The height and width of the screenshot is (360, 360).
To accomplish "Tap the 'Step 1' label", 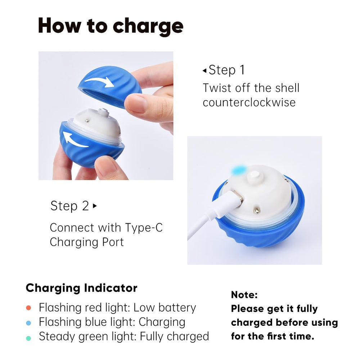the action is [226, 70].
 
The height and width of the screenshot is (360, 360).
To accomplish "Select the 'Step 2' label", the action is [69, 206].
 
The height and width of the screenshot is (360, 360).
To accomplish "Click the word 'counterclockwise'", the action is [249, 102].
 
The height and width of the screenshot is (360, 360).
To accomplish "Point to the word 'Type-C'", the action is [144, 228].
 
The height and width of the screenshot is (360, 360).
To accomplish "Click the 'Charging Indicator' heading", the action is [81, 288].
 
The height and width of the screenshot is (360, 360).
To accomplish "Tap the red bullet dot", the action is [28, 308].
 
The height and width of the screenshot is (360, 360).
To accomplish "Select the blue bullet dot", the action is [28, 323].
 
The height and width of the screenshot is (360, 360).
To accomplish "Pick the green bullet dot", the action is [28, 338].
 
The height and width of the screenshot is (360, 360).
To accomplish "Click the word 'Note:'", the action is [244, 295].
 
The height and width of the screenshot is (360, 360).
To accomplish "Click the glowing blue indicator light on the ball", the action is [239, 170].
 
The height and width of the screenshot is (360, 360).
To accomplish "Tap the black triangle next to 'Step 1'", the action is [204, 71].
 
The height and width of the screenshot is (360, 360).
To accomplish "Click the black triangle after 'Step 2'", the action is [95, 206].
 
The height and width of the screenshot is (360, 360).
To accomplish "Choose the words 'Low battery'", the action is [165, 308].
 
